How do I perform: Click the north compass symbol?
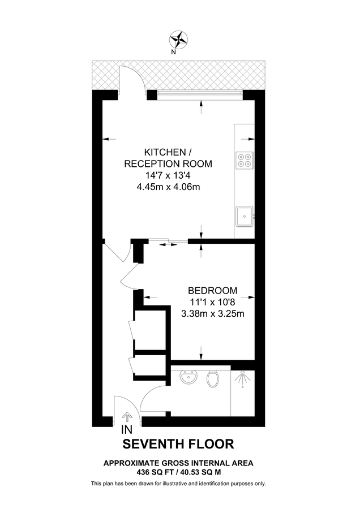pyautogui.click(x=179, y=40)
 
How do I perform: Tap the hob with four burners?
pyautogui.click(x=245, y=160)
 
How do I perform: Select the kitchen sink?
pyautogui.click(x=245, y=215)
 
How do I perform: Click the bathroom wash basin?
pyautogui.click(x=187, y=377)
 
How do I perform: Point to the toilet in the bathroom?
pyautogui.click(x=213, y=378)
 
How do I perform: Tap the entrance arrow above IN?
pyautogui.click(x=128, y=418)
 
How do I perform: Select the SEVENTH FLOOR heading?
pyautogui.click(x=179, y=444)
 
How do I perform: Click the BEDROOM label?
pyautogui.click(x=213, y=291)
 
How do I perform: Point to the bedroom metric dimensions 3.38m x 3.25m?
pyautogui.click(x=213, y=313)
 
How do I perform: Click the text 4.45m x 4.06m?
pyautogui.click(x=168, y=187)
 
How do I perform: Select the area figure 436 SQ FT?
pyautogui.click(x=156, y=471)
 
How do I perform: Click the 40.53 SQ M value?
pyautogui.click(x=199, y=471)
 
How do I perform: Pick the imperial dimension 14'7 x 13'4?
pyautogui.click(x=168, y=175)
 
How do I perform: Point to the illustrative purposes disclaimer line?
pyautogui.click(x=179, y=484)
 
